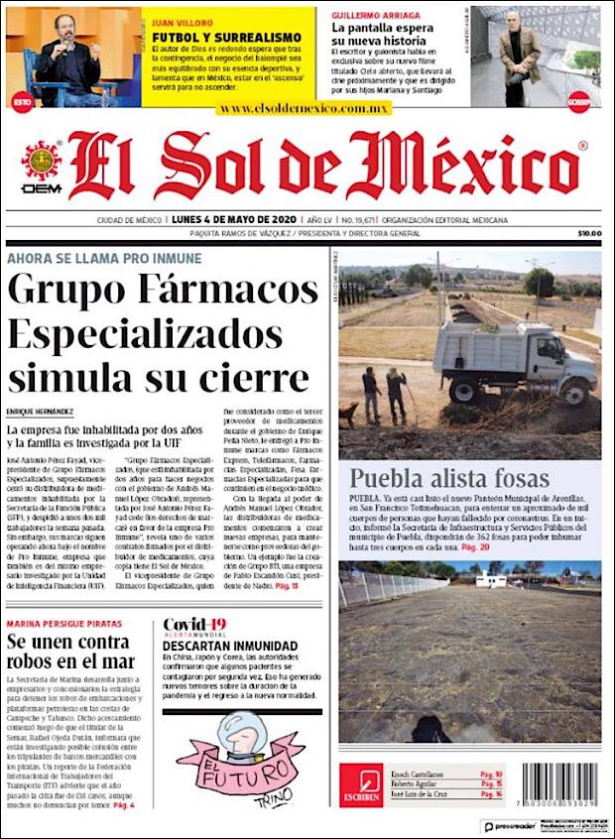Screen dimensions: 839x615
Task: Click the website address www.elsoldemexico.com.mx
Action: coord(305,108)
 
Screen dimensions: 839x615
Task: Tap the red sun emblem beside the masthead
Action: coord(42,159)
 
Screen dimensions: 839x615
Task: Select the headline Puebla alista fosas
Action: coord(448,478)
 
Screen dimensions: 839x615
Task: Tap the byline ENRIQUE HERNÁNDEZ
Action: coord(40,412)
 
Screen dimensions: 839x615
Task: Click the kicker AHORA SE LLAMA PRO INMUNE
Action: coord(104,258)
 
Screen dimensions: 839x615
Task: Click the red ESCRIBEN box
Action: coord(360,784)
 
